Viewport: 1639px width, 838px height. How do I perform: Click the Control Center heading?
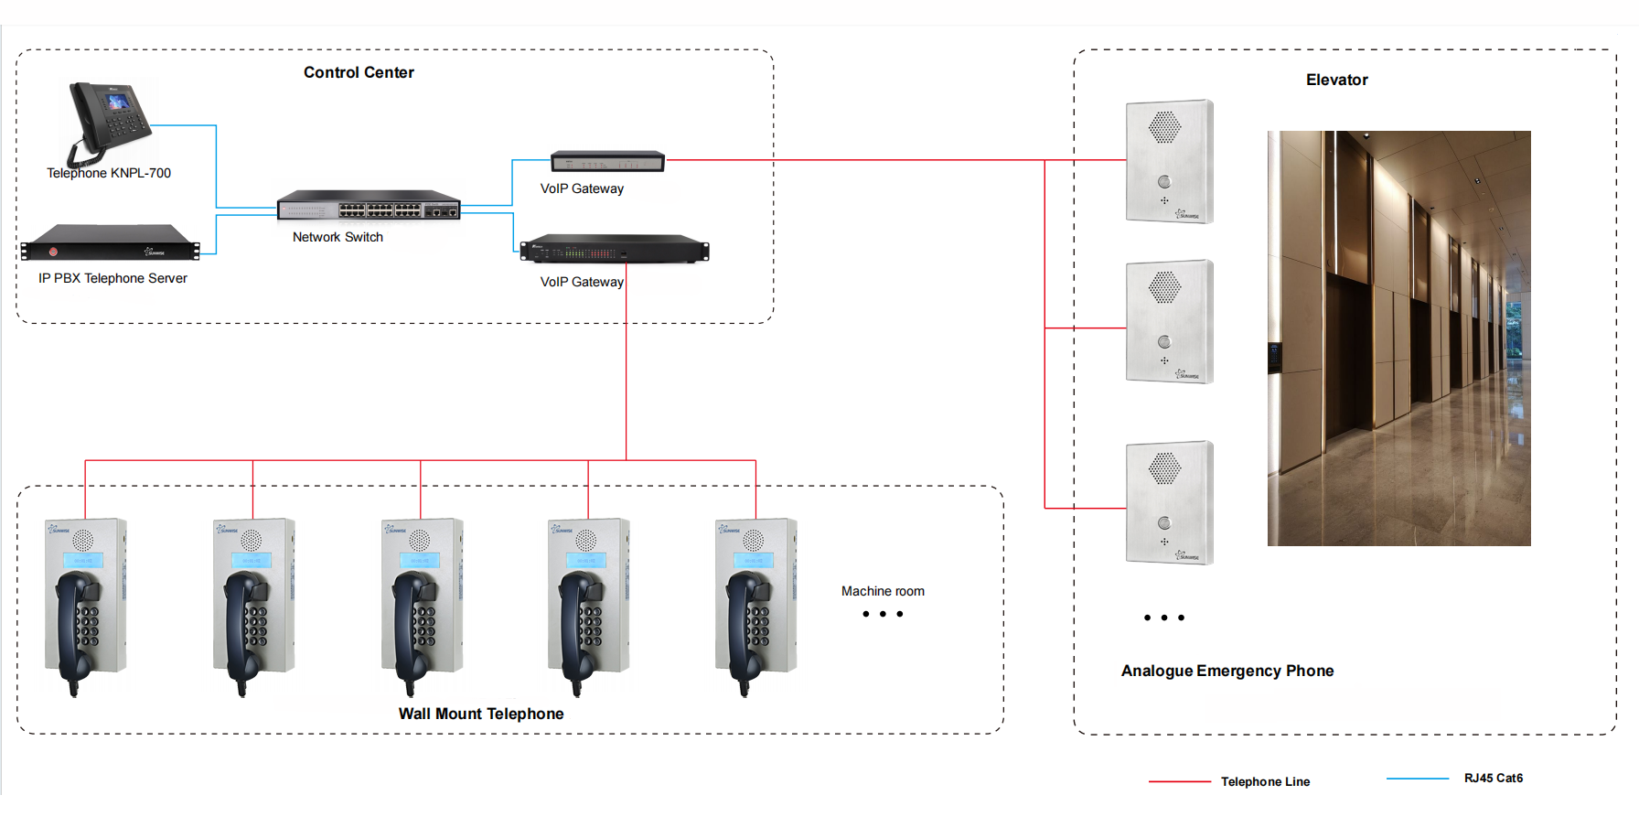pos(359,72)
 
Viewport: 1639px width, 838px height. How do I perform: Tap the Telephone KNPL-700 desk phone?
pos(110,121)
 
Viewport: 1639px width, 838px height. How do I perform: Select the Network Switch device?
pos(369,206)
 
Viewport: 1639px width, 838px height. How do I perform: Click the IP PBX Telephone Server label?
pos(112,278)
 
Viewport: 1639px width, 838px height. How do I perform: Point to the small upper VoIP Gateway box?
pos(607,162)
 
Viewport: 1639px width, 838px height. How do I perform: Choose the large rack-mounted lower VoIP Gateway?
pos(614,250)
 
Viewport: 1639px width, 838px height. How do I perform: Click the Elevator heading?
pos(1336,80)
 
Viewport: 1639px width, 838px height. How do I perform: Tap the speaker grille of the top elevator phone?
pos(1164,127)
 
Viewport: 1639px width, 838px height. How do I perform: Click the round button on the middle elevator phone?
pos(1164,342)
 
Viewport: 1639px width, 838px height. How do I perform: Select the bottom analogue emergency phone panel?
pos(1169,502)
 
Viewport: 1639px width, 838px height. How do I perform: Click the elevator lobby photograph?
pos(1398,338)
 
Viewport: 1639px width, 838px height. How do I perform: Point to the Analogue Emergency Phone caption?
pos(1227,671)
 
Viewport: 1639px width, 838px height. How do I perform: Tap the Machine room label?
pos(883,591)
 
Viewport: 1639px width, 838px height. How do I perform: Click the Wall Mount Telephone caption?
pos(481,714)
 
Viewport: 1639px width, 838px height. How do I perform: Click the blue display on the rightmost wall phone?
pos(754,560)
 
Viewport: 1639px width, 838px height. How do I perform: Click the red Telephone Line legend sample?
pos(1179,781)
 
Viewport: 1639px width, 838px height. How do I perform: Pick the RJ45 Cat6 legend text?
pos(1493,778)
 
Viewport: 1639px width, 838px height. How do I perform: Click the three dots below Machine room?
pos(883,614)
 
